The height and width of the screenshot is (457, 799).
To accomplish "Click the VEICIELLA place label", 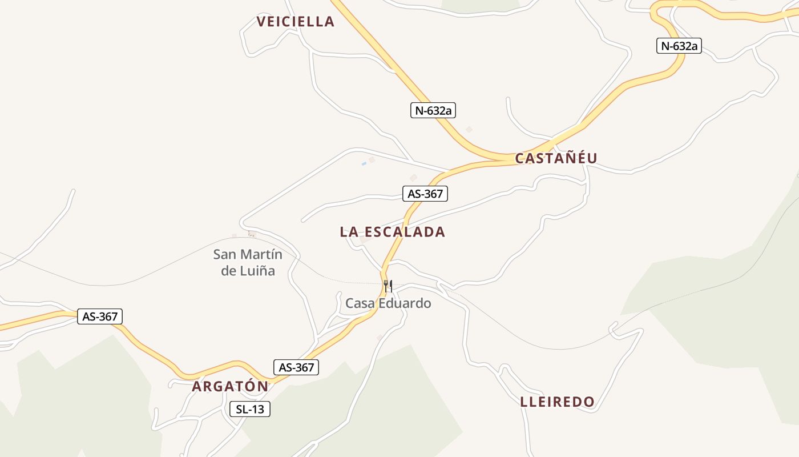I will pyautogui.click(x=295, y=22).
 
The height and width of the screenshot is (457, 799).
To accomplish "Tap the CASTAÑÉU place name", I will pyautogui.click(x=556, y=158).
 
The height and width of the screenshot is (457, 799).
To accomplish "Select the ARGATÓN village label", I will pyautogui.click(x=230, y=386).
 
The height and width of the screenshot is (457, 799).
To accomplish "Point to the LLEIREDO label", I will pyautogui.click(x=557, y=402).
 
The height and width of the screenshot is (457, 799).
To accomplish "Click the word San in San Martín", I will pyautogui.click(x=224, y=254).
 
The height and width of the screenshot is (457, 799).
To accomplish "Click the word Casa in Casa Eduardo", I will pyautogui.click(x=360, y=303).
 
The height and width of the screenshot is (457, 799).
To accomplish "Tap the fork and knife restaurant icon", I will pyautogui.click(x=388, y=286).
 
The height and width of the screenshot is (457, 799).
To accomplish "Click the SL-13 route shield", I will pyautogui.click(x=249, y=409).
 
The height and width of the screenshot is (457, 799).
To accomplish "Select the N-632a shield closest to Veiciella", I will pyautogui.click(x=433, y=111).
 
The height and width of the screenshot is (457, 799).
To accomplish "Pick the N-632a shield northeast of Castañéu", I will pyautogui.click(x=679, y=46).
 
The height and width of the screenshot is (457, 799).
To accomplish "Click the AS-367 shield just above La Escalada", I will pyautogui.click(x=425, y=194).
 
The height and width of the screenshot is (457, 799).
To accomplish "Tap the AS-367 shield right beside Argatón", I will pyautogui.click(x=296, y=368).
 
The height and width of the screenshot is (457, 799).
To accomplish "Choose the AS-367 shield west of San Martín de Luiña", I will pyautogui.click(x=100, y=316).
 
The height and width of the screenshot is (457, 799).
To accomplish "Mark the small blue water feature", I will pyautogui.click(x=364, y=164).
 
